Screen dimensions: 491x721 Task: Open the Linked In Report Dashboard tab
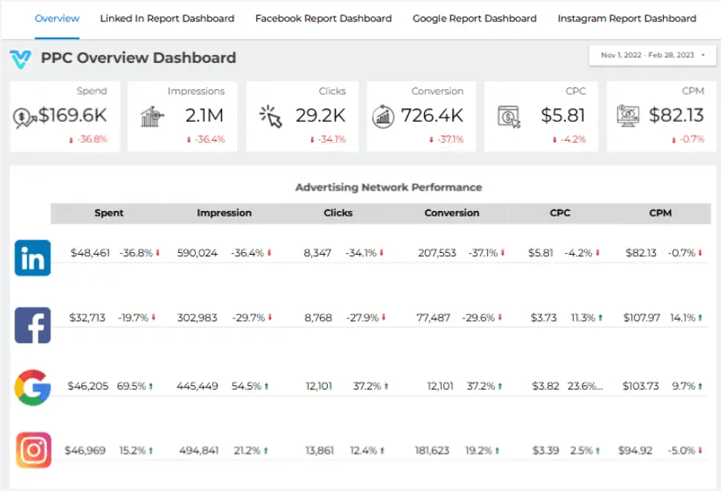167,18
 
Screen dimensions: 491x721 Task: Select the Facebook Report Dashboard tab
323,18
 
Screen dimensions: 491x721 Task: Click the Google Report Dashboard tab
474,18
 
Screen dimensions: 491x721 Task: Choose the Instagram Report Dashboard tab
626,18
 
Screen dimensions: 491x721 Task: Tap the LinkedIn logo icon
33,258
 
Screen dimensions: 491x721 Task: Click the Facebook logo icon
33,325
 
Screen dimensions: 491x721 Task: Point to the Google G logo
33,387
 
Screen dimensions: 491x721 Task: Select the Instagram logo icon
33,450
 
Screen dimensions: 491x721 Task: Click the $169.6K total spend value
72,115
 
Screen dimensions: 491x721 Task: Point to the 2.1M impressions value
205,115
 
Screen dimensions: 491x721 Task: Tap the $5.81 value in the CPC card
563,115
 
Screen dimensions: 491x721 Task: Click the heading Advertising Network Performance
388,188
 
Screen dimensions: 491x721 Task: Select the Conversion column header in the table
451,213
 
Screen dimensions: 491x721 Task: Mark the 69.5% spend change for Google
132,386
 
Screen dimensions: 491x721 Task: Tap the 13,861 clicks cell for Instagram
321,450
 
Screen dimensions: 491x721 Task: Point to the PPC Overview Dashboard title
138,57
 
